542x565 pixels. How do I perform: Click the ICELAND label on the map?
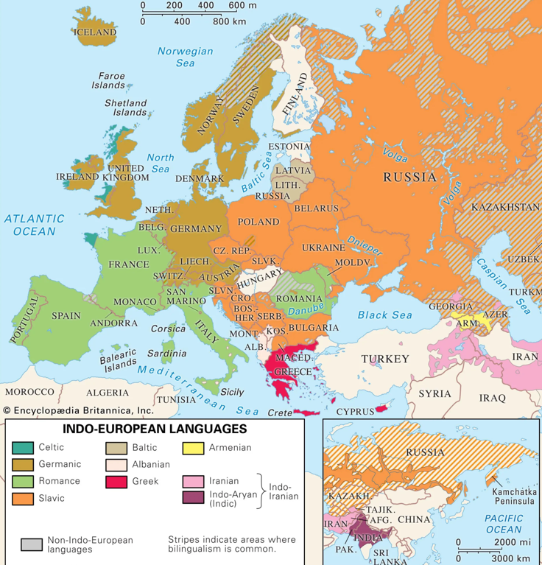click(x=96, y=32)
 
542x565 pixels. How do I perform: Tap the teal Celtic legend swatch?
click(x=22, y=447)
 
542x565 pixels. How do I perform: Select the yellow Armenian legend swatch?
click(x=193, y=447)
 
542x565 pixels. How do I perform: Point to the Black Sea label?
click(x=383, y=315)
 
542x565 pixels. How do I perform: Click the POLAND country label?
click(x=259, y=221)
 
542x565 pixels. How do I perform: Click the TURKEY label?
click(x=384, y=359)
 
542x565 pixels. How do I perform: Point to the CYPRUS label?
click(x=354, y=412)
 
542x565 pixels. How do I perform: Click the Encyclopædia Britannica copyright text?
click(x=77, y=410)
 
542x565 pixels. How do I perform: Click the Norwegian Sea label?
click(x=185, y=57)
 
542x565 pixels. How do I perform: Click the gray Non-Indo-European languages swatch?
click(x=32, y=544)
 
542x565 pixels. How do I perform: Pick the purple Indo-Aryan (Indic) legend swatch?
click(x=193, y=499)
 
